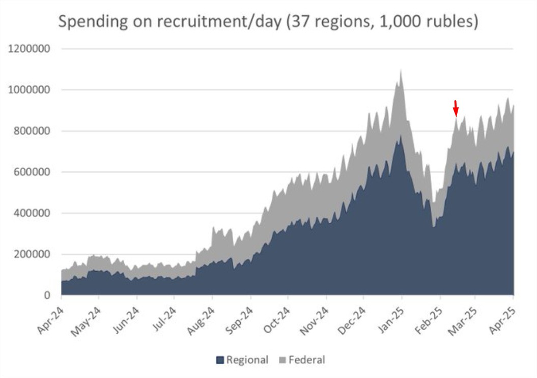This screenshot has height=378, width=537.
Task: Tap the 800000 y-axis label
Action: coord(30,131)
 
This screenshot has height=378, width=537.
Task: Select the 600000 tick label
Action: coord(30,172)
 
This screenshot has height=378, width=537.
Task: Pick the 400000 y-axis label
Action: coord(30,213)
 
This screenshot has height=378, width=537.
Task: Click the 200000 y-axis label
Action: coord(30,254)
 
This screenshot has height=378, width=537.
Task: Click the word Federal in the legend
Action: coord(306,360)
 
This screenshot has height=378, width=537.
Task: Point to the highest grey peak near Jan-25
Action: coord(401,71)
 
